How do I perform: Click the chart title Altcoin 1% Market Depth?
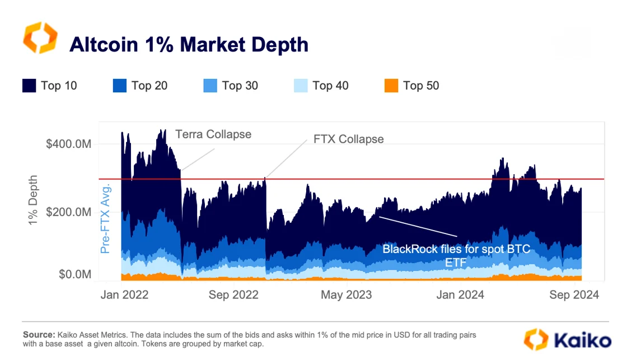(x=189, y=44)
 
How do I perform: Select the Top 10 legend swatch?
(x=30, y=86)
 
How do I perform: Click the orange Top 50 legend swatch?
(x=392, y=86)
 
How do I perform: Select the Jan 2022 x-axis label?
(x=124, y=295)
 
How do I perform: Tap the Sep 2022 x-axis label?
(x=235, y=295)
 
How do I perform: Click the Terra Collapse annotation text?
(x=213, y=134)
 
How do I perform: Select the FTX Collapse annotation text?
(x=345, y=139)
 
